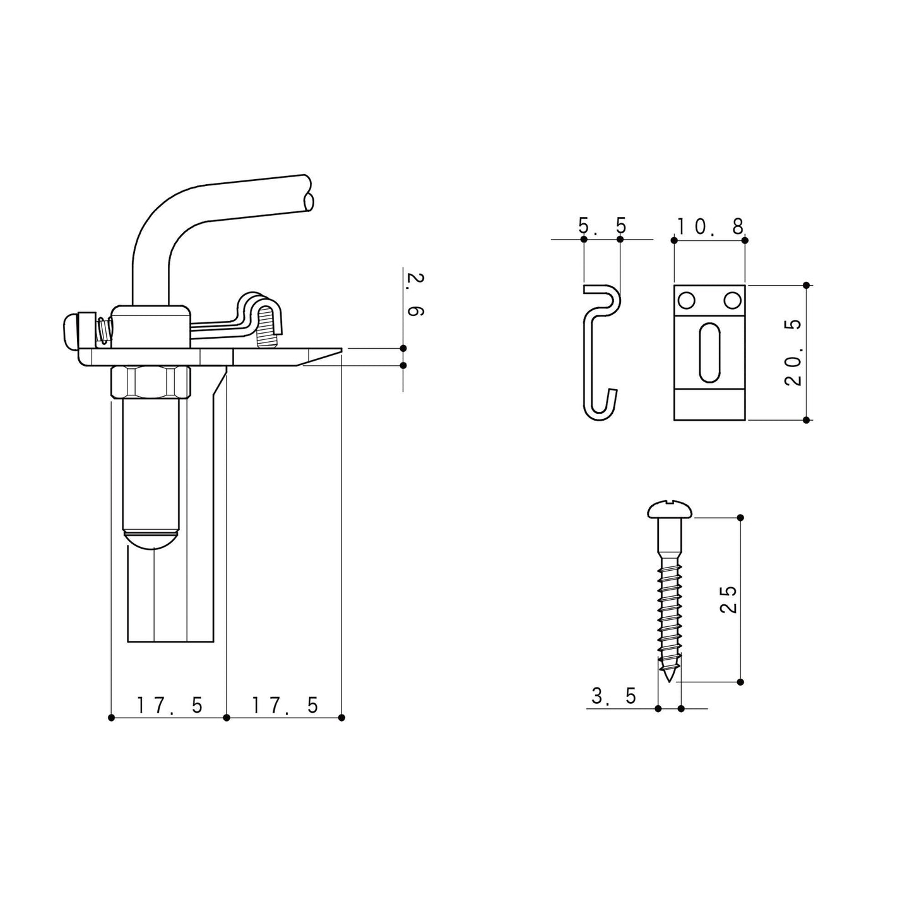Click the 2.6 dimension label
coord(415,294)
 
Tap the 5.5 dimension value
coord(602,226)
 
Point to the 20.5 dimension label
coord(793,352)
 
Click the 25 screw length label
coord(728,600)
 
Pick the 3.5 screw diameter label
coord(613,696)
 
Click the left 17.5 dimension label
coord(170,705)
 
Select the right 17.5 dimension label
coord(285,705)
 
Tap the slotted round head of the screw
coord(670,509)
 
